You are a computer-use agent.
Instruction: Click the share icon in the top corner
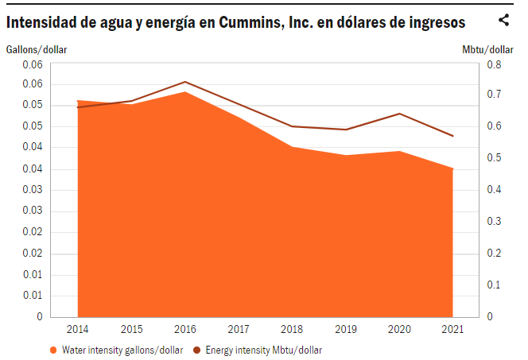(503, 21)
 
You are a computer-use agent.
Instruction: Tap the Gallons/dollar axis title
(37, 50)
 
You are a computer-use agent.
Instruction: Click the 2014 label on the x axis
(78, 330)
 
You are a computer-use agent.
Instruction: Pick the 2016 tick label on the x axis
(185, 330)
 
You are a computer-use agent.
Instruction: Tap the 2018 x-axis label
(293, 330)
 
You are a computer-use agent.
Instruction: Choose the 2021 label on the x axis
(453, 330)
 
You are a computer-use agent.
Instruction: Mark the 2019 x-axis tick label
(346, 330)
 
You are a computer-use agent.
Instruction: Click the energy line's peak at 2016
(185, 82)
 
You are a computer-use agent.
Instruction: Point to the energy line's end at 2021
(453, 136)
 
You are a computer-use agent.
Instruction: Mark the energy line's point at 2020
(399, 114)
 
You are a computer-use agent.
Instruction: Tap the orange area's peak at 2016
(185, 92)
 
